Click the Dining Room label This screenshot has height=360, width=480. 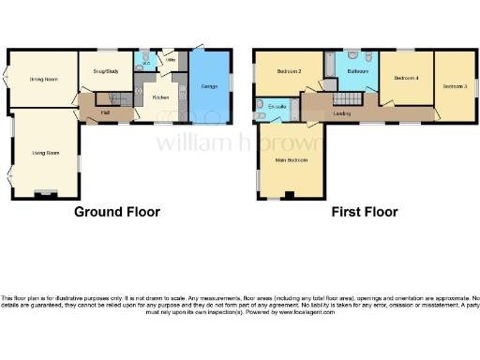point(43,79)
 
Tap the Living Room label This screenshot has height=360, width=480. point(45,152)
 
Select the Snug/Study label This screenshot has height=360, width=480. point(105,71)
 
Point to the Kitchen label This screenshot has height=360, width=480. point(160,97)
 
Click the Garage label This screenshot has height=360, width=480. point(209,85)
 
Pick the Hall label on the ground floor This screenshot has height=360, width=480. point(106,112)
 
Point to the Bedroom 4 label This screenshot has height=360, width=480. point(406,78)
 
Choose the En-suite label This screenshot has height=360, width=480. point(277,107)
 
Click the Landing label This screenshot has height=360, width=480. point(342,113)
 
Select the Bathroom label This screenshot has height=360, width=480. point(356,71)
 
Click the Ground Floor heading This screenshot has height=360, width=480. point(117,212)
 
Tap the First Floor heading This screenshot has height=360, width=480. point(364,212)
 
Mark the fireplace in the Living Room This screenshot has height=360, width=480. point(45,194)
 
